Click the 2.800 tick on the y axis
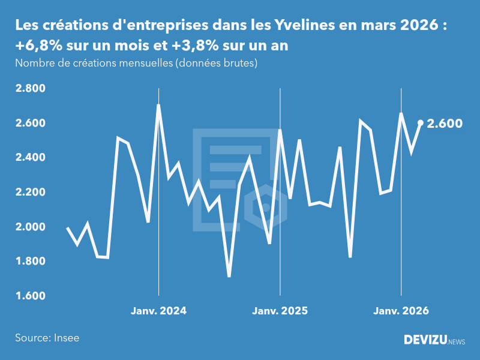[x=30, y=89]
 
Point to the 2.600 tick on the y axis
[x=30, y=123]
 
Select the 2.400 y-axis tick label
[x=30, y=158]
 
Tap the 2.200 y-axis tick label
[x=30, y=193]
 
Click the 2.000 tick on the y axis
[x=30, y=227]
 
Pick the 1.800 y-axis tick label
[x=30, y=262]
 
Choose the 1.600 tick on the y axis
[x=30, y=296]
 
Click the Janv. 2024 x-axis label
[x=158, y=311]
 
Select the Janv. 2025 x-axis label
[x=280, y=311]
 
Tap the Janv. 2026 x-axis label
[x=401, y=311]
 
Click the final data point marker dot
[x=421, y=123]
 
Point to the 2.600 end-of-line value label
[x=445, y=124]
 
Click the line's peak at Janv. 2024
[x=158, y=106]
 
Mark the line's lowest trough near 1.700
[x=229, y=276]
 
